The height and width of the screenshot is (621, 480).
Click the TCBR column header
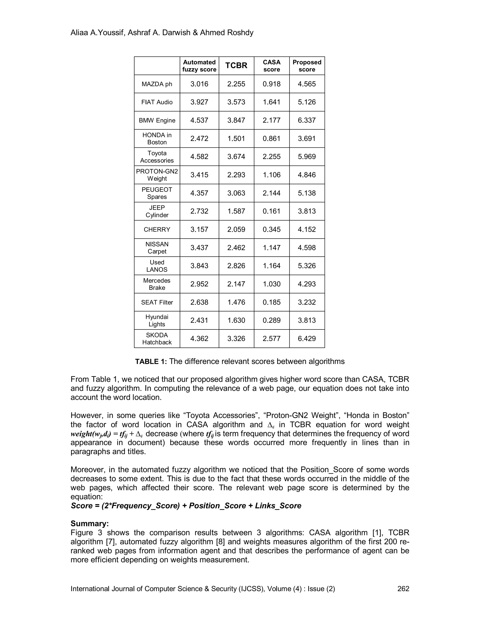[236, 66]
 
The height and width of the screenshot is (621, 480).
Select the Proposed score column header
[307, 66]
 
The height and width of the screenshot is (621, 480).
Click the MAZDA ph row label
[157, 84]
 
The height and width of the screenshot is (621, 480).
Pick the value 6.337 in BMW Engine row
[307, 120]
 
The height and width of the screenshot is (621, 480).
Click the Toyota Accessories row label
[157, 157]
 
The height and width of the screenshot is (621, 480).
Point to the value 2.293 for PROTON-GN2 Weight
[236, 175]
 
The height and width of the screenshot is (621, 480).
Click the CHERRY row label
[157, 229]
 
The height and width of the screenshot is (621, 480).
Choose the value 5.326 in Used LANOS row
[307, 266]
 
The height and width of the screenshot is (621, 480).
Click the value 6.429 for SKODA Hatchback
[307, 339]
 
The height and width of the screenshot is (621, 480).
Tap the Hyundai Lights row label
[157, 320]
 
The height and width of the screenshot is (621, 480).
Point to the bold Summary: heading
[90, 524]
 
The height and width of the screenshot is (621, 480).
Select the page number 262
[403, 589]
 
